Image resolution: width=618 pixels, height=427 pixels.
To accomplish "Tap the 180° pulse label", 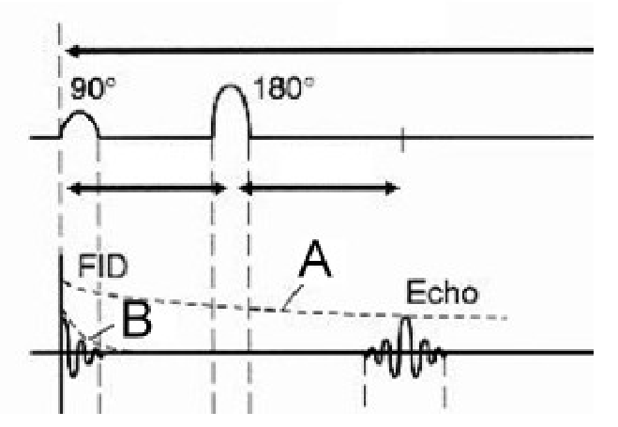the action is (x=284, y=88).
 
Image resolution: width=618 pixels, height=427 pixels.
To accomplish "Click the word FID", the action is (x=103, y=267).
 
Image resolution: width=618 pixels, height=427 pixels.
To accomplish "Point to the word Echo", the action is (x=443, y=293).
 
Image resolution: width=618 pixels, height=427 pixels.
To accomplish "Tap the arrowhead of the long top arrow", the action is (x=73, y=51).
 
